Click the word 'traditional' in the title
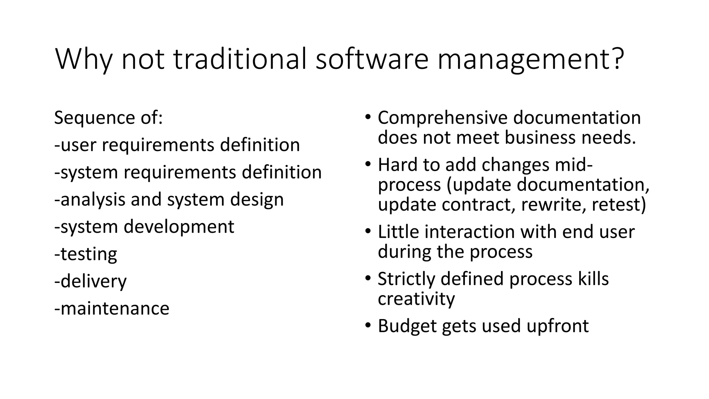[x=240, y=59]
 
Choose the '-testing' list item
[x=86, y=254]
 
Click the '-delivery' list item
[x=91, y=281]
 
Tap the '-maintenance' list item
[x=112, y=308]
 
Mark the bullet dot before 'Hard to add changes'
[x=368, y=163]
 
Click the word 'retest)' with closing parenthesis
[x=619, y=204]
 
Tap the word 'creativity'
[x=416, y=299]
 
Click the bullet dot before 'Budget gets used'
[x=368, y=325]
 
